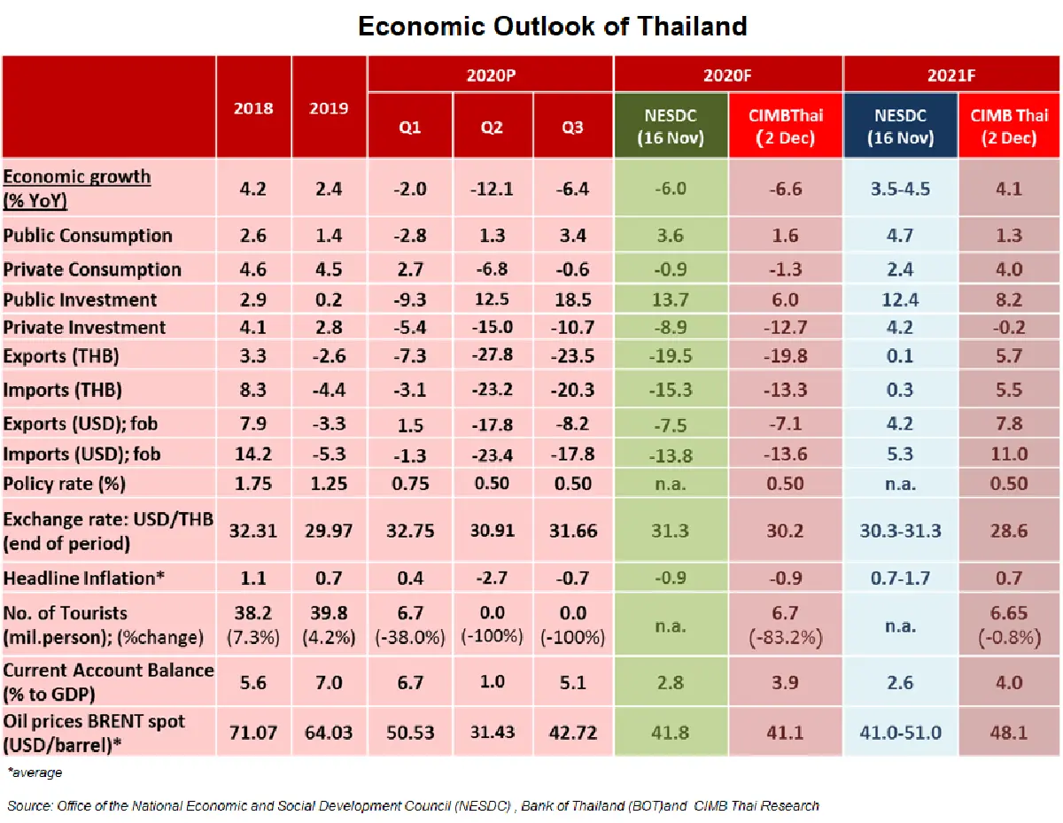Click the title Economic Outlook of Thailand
coord(552,27)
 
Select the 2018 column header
coord(253,108)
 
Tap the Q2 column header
coord(492,128)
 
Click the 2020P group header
coord(491,74)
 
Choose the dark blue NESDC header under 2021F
coord(900,126)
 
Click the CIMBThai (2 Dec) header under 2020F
coord(785,126)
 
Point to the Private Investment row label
coord(84,328)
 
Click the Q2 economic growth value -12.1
coord(492,189)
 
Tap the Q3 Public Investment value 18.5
coord(572,299)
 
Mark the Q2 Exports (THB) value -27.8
coord(492,356)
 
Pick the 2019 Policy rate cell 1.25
coord(329,484)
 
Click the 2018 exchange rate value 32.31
coord(253,532)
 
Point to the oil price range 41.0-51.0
coord(900,734)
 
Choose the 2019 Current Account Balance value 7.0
coord(329,683)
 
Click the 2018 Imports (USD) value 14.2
coord(253,454)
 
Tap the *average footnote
coord(35,773)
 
